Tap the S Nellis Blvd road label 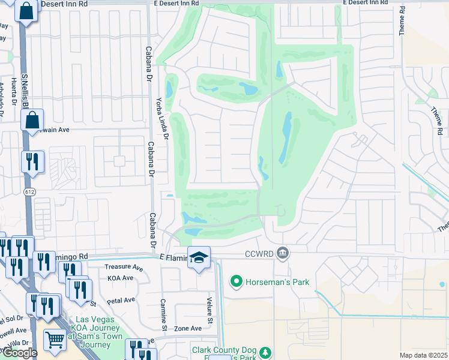coord(25,90)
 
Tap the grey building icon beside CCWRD coord(283,255)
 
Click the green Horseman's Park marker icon coord(237,281)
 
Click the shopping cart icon coord(55,340)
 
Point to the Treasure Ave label coord(124,267)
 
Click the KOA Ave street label coord(120,278)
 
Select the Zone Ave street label coord(188,328)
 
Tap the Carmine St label coord(163,314)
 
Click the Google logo coord(19,353)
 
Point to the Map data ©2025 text coord(423,355)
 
